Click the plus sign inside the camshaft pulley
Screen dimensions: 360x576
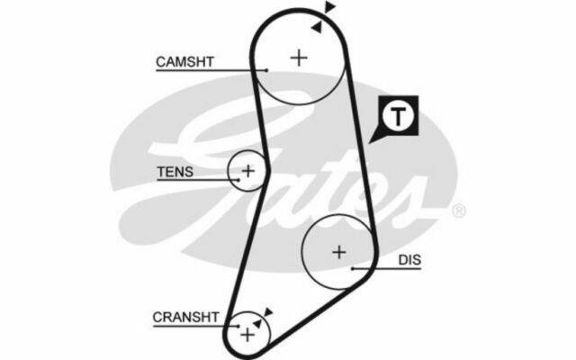click(x=298, y=58)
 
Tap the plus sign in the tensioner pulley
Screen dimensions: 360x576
click(x=248, y=169)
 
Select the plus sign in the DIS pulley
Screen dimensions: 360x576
click(x=338, y=252)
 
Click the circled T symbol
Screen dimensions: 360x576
click(x=396, y=115)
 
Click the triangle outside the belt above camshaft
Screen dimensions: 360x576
click(x=329, y=8)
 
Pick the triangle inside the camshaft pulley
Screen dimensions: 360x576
click(x=316, y=27)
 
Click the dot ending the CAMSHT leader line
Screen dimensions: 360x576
click(x=268, y=69)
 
